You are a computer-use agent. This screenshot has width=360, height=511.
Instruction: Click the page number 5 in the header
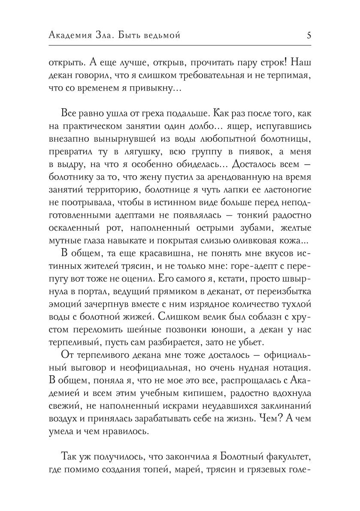pyautogui.click(x=309, y=36)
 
